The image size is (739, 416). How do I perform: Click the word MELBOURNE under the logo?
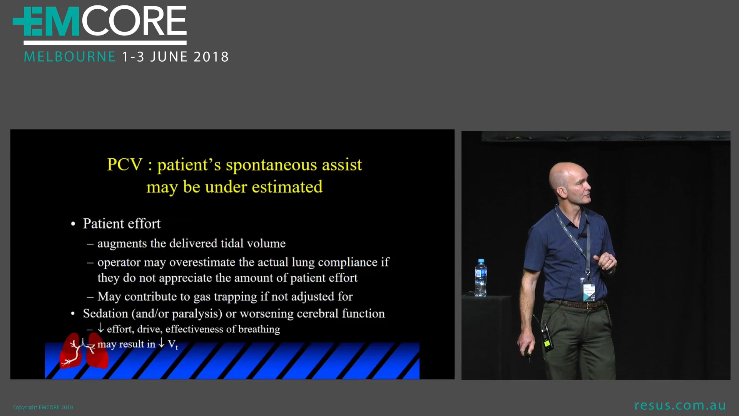tap(70, 57)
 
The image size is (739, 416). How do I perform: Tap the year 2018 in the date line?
tap(211, 57)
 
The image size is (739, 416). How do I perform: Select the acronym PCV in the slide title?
tap(125, 164)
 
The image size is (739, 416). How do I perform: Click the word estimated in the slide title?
tap(287, 187)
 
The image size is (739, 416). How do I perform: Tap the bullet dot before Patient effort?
tap(73, 224)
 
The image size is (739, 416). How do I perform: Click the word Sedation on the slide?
tap(105, 314)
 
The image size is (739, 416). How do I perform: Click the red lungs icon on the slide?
tap(84, 351)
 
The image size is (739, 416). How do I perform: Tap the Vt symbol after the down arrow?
tap(173, 344)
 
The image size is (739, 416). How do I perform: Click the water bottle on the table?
tap(481, 278)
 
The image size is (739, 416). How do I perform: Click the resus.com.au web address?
tap(680, 406)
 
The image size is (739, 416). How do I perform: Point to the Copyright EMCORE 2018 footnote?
tap(43, 407)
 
